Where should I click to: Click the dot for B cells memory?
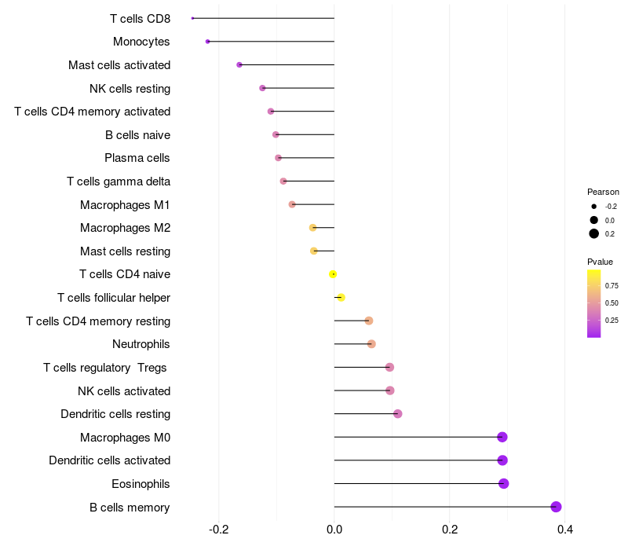557,507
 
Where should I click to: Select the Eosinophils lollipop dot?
504,483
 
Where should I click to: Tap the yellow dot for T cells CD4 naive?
333,274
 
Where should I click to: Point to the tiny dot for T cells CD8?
192,18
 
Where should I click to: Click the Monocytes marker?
207,42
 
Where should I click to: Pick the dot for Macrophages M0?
502,437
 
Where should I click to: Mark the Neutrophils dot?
371,344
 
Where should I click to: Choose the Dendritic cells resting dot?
398,414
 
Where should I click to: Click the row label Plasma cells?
137,158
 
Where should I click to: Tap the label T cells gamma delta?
119,181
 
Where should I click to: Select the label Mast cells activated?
119,65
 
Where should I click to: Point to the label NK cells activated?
124,391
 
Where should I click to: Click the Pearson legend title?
603,192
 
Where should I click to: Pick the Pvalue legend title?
600,262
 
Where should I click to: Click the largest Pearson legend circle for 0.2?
594,233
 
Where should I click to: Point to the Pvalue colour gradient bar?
594,303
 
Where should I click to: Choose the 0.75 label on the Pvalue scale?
612,285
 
